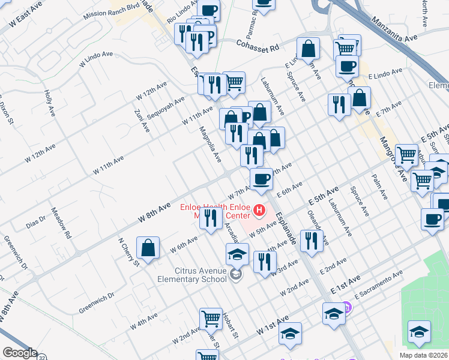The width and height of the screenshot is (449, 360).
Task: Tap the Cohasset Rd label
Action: (258, 44)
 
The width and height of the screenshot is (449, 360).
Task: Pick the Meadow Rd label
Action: (61, 224)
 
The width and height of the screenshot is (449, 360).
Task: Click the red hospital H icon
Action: (259, 210)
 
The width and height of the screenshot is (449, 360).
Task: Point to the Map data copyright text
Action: (423, 355)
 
